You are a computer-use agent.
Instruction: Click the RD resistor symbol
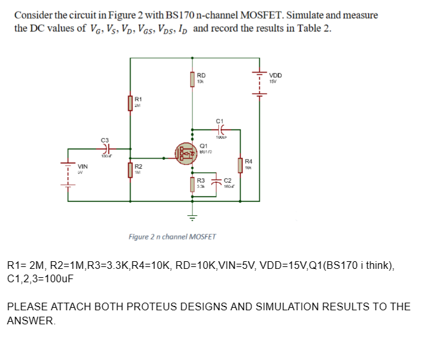point(193,78)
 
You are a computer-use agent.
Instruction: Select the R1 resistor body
point(131,102)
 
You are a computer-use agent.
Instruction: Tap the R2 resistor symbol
point(130,168)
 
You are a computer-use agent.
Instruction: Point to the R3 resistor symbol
point(193,184)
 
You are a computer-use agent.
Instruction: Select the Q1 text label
point(203,145)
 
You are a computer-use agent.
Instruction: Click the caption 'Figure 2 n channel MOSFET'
point(172,236)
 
